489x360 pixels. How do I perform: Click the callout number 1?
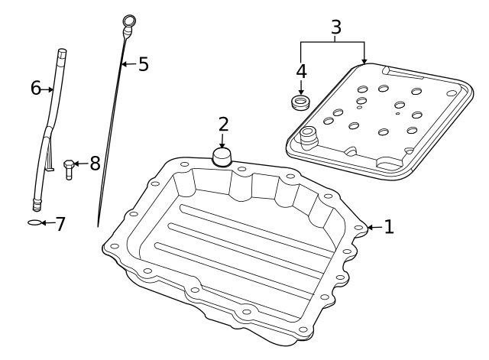tap(388, 226)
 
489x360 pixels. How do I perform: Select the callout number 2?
tap(222, 124)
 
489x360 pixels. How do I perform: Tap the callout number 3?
tap(335, 27)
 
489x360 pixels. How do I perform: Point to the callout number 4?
tap(301, 71)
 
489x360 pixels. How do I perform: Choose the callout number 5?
tap(143, 63)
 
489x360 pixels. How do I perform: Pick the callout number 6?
tap(35, 88)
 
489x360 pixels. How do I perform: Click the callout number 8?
tap(94, 163)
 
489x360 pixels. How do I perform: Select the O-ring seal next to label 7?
tap(33, 223)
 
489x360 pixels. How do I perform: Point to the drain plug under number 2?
tap(222, 157)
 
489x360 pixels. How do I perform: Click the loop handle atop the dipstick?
tap(128, 21)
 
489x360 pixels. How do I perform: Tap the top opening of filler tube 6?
tap(61, 53)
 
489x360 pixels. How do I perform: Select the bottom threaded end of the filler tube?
tap(36, 205)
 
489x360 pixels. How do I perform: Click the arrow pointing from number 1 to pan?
tap(373, 226)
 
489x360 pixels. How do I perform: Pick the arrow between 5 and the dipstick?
tap(128, 63)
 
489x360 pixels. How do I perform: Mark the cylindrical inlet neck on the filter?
tap(308, 137)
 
